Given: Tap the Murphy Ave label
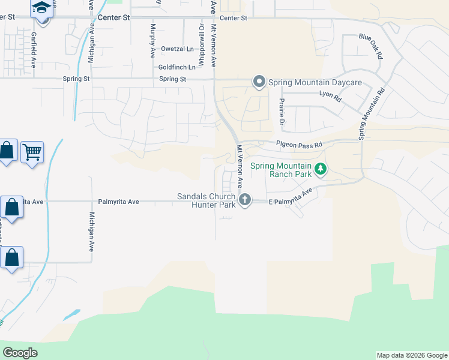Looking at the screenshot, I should (153, 40).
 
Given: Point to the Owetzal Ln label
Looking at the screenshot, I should (177, 49).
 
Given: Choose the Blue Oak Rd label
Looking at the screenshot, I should (371, 45).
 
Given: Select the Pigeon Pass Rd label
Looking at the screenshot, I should (299, 145).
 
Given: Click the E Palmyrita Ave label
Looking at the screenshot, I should (291, 197).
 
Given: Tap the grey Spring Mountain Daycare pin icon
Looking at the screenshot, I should (259, 81).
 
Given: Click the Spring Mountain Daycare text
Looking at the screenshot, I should (315, 82).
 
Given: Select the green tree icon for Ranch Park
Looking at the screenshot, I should (321, 169).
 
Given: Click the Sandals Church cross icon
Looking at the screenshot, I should (244, 199).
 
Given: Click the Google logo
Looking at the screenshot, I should (20, 353).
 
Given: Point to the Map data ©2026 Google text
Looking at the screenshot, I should (412, 355).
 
